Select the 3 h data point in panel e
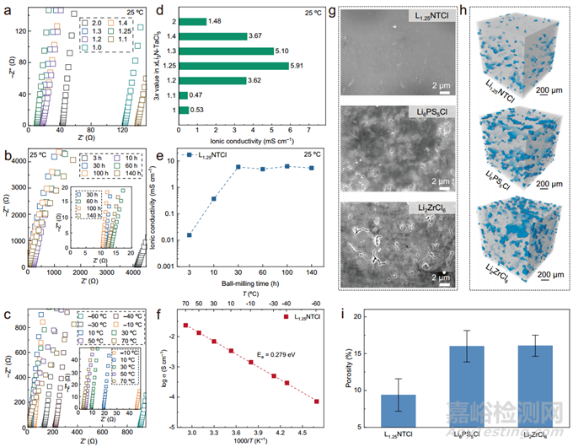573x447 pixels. (190, 234)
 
